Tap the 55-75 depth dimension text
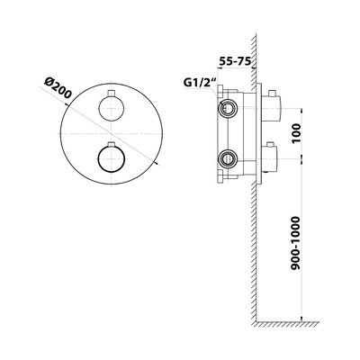point(235,61)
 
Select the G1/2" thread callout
point(199,83)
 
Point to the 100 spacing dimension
point(295,133)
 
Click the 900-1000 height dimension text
point(295,243)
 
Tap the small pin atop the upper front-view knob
point(112,94)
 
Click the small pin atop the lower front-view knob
point(112,143)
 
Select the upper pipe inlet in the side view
point(229,108)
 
